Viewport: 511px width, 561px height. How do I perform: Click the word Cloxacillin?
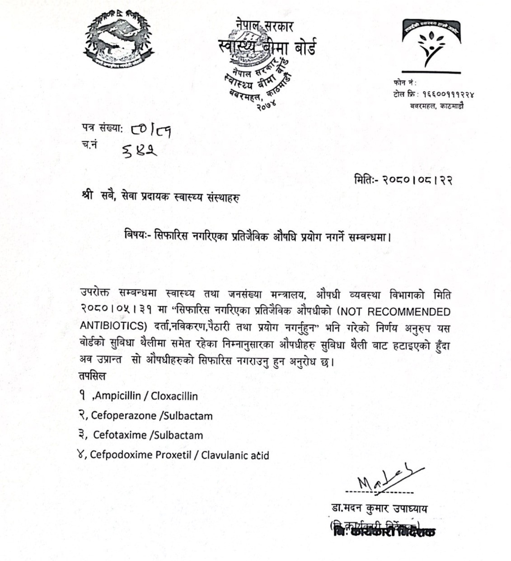tap(174, 396)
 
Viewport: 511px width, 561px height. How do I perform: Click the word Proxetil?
tap(173, 455)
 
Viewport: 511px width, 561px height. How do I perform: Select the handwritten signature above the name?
tap(389, 481)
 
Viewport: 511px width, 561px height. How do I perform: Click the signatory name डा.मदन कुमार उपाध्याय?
tap(379, 509)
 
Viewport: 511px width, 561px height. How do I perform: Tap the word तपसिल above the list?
tap(93, 376)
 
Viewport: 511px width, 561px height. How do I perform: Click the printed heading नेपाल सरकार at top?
tap(264, 26)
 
